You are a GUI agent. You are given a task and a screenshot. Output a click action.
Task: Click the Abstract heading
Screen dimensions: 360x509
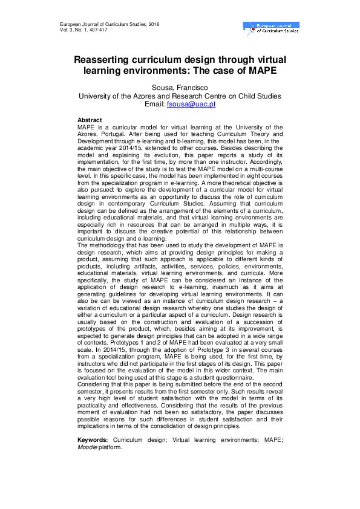coord(90,120)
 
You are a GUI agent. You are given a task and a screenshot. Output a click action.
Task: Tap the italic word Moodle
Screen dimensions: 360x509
coord(88,448)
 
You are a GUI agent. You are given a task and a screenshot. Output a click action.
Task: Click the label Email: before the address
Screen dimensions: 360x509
coord(155,105)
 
